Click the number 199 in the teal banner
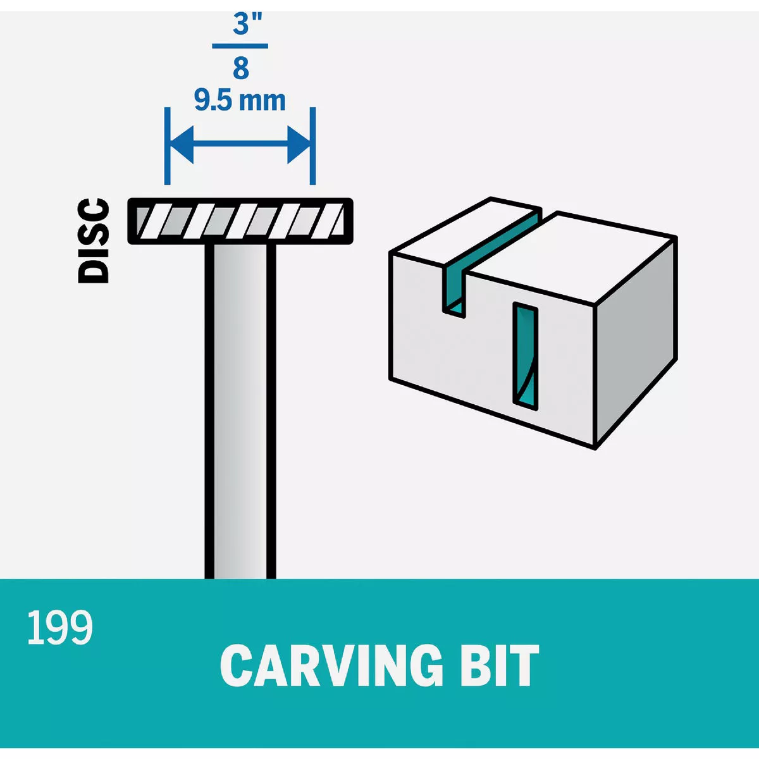(60, 627)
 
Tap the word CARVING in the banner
(331, 665)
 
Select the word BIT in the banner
(500, 665)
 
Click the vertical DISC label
(93, 240)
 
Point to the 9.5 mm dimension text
(240, 101)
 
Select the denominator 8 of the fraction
(240, 68)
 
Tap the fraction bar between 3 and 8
(240, 46)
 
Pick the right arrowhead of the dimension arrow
(299, 145)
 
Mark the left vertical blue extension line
(167, 145)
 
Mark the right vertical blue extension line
(312, 145)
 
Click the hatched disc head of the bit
(240, 221)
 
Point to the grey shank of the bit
(240, 411)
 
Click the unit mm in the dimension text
(267, 101)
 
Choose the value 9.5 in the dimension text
(213, 101)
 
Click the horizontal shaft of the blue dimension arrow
(240, 145)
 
